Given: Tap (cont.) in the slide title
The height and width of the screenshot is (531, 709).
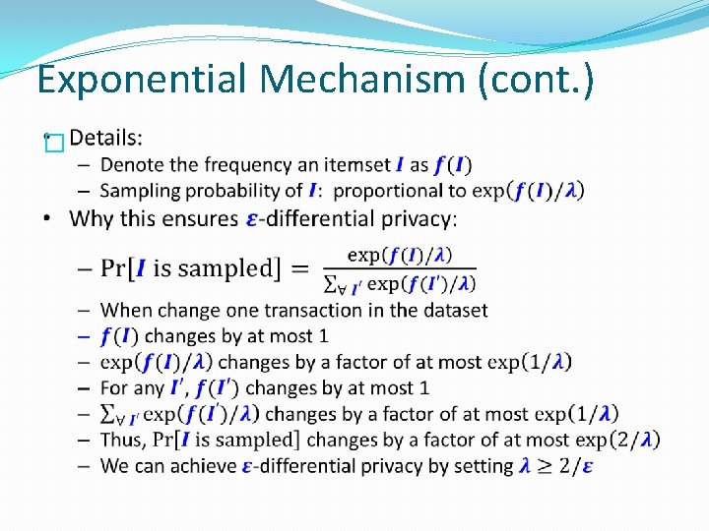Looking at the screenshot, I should tap(536, 80).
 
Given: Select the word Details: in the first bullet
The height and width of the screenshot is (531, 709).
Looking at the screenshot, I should tap(105, 138).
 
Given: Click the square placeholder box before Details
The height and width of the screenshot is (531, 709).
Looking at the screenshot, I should tap(53, 145).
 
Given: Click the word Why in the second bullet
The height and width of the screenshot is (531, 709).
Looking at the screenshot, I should tap(92, 218).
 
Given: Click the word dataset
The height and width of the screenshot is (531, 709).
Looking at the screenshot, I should tap(455, 310).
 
